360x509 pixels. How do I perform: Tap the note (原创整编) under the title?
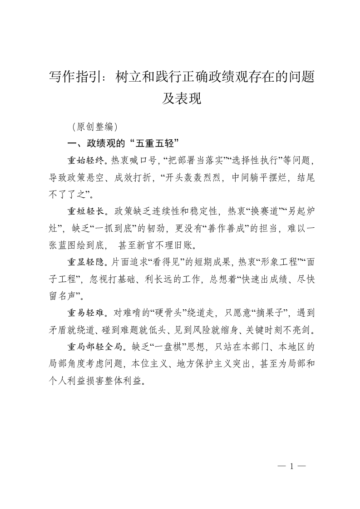95,126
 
